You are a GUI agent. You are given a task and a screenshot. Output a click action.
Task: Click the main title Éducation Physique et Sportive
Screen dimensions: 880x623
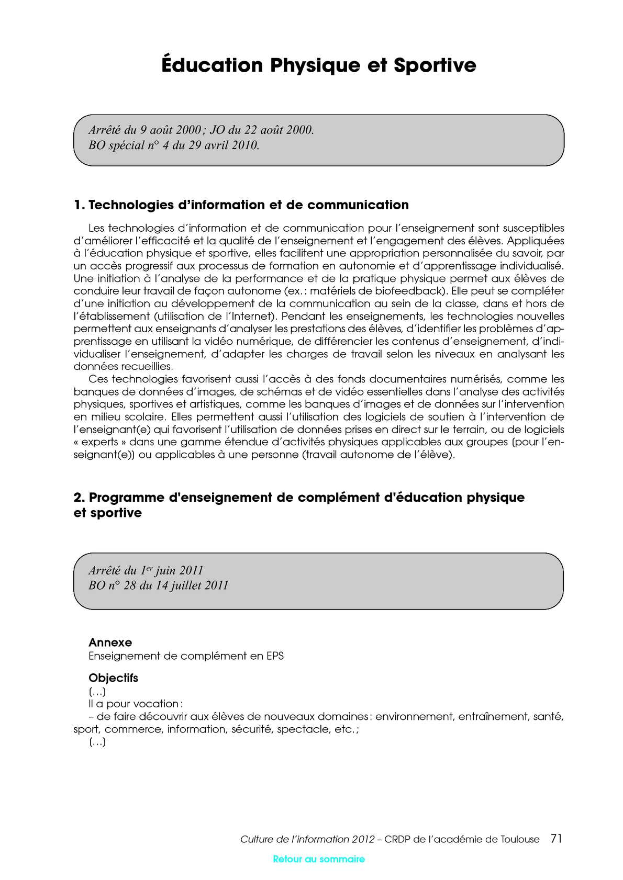tap(318, 65)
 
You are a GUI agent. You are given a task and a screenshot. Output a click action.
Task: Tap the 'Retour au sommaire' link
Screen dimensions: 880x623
tap(319, 859)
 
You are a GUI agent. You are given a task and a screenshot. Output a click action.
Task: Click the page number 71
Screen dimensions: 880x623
tap(556, 839)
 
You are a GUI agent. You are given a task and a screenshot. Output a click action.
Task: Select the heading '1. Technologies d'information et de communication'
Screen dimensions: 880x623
tap(241, 205)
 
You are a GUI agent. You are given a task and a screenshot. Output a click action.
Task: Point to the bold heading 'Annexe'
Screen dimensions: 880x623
tap(110, 642)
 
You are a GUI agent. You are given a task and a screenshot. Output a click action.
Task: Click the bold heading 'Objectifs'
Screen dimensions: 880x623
tap(113, 678)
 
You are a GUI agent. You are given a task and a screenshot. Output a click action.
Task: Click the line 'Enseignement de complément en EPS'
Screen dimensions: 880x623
tap(186, 656)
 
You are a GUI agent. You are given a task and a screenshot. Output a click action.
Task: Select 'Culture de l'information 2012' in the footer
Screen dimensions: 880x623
tap(307, 839)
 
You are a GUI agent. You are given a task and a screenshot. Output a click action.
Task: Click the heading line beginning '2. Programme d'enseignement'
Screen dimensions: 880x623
tap(298, 497)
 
